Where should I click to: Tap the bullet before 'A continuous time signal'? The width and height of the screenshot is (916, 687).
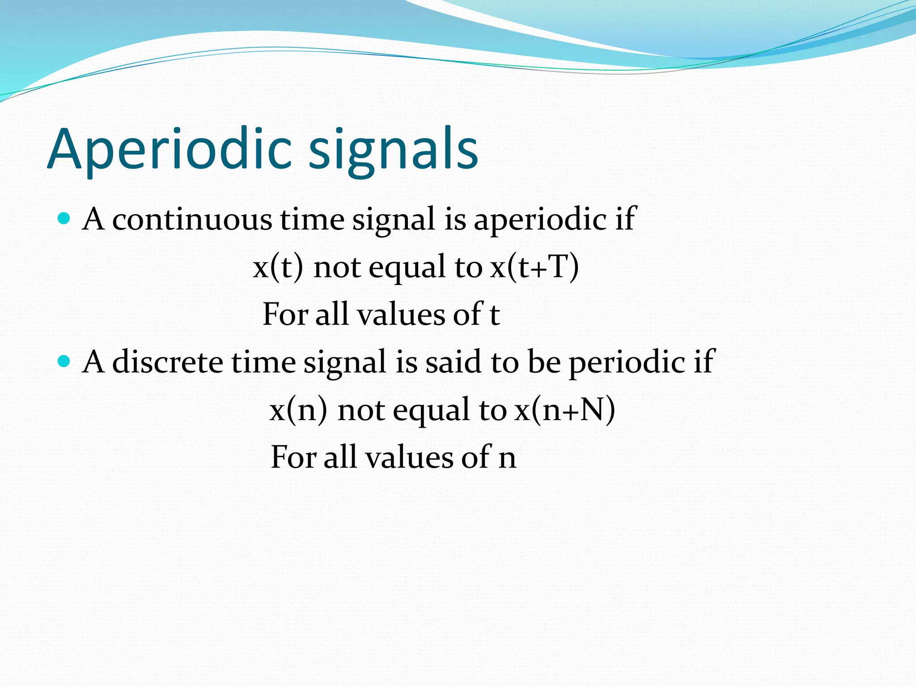64,219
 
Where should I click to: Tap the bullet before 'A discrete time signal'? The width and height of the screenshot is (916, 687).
64,361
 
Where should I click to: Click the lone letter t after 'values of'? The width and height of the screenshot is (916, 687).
494,314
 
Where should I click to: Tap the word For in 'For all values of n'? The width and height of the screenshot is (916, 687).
293,457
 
